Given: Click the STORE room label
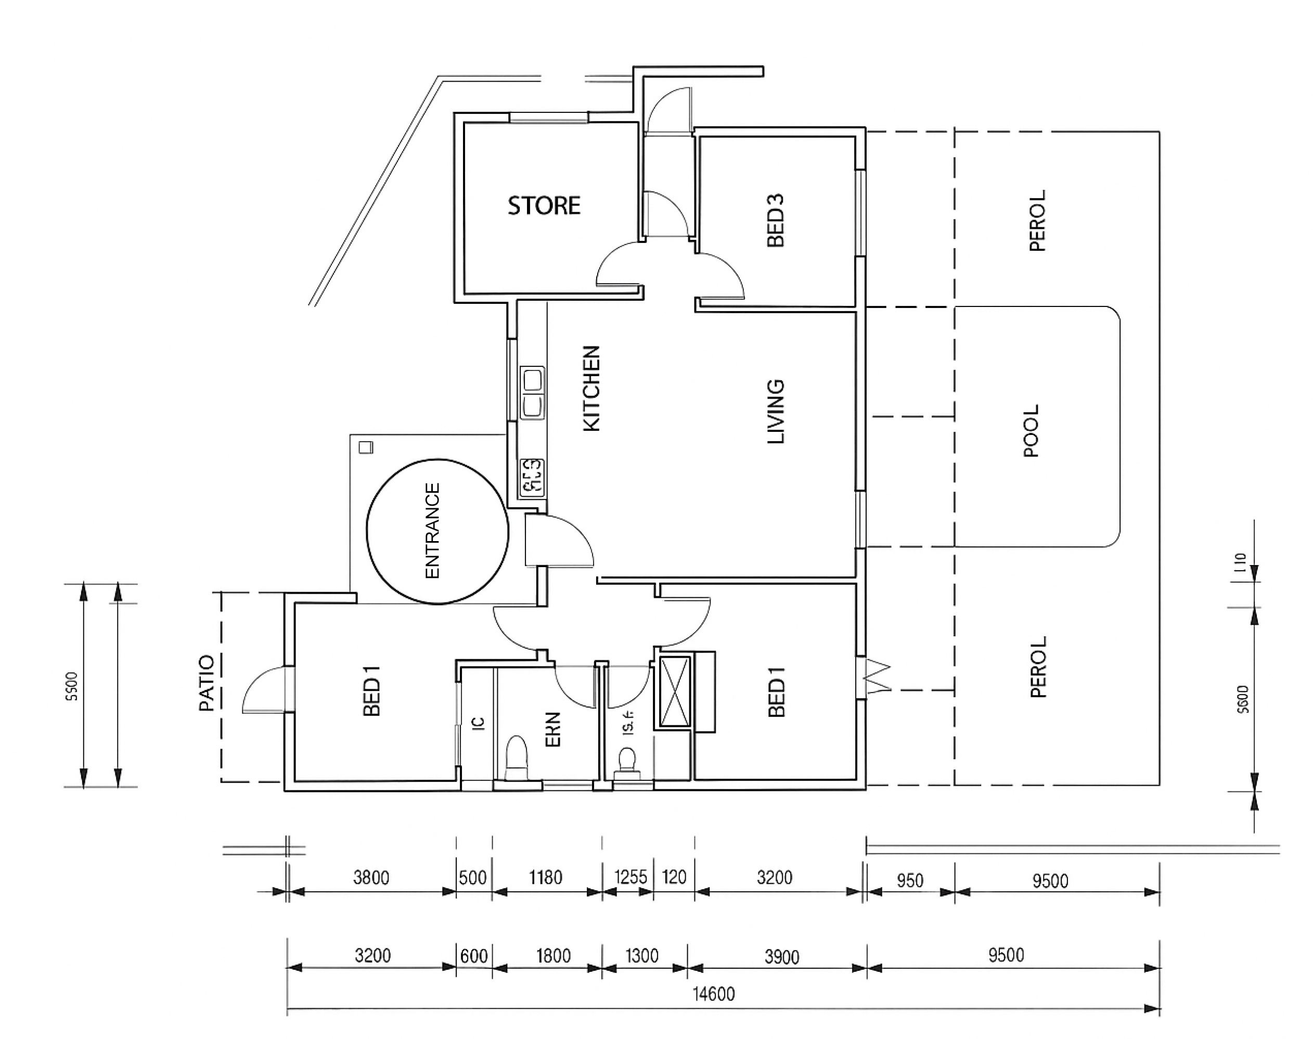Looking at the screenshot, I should [x=544, y=206].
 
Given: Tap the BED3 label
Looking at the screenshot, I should [x=776, y=220].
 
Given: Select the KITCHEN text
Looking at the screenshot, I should [x=591, y=389].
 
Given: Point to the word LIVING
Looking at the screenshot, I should [x=776, y=412].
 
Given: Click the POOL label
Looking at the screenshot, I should [x=1032, y=431].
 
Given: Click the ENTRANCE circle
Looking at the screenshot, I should [x=437, y=531].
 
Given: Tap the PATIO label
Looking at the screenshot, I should [x=207, y=683].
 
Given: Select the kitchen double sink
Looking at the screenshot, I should [x=533, y=393].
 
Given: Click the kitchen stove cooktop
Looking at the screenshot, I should [x=532, y=478].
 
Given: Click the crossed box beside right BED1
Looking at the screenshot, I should [x=675, y=691].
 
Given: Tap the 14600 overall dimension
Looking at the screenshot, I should [x=714, y=994].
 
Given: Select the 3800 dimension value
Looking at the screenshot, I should [x=371, y=877].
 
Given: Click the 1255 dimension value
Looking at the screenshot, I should [x=630, y=877].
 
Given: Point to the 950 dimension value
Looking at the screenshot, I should [x=910, y=880].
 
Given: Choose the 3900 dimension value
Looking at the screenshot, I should [x=781, y=957].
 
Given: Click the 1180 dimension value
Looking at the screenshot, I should [x=546, y=877].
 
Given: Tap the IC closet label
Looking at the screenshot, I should [x=478, y=723].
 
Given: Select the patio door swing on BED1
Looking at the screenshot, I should [x=263, y=690].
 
